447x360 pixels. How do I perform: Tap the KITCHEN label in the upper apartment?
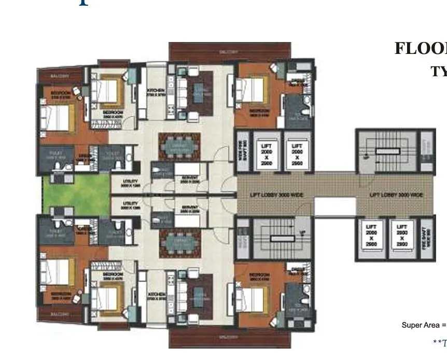[x=155, y=89]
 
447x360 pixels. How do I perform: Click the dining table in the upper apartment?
[x=179, y=147]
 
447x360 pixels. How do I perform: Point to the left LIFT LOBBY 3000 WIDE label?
[x=270, y=195]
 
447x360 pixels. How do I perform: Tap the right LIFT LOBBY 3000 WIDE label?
[x=396, y=195]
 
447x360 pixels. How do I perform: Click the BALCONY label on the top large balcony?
[x=229, y=52]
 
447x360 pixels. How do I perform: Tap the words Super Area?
[x=421, y=325]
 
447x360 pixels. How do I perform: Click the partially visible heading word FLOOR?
[x=421, y=48]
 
